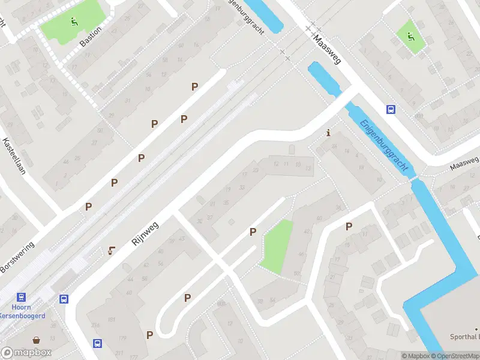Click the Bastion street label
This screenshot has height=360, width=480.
[91, 36]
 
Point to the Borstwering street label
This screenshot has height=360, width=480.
[18, 257]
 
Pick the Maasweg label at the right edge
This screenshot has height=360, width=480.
[464, 162]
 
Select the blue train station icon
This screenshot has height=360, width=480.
[22, 297]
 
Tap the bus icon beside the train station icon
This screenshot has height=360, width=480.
[64, 299]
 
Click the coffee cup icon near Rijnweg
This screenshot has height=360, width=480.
[111, 251]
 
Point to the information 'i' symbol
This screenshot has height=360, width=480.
[328, 133]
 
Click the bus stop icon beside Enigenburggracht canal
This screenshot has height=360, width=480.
[391, 109]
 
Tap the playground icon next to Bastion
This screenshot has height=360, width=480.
[74, 22]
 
